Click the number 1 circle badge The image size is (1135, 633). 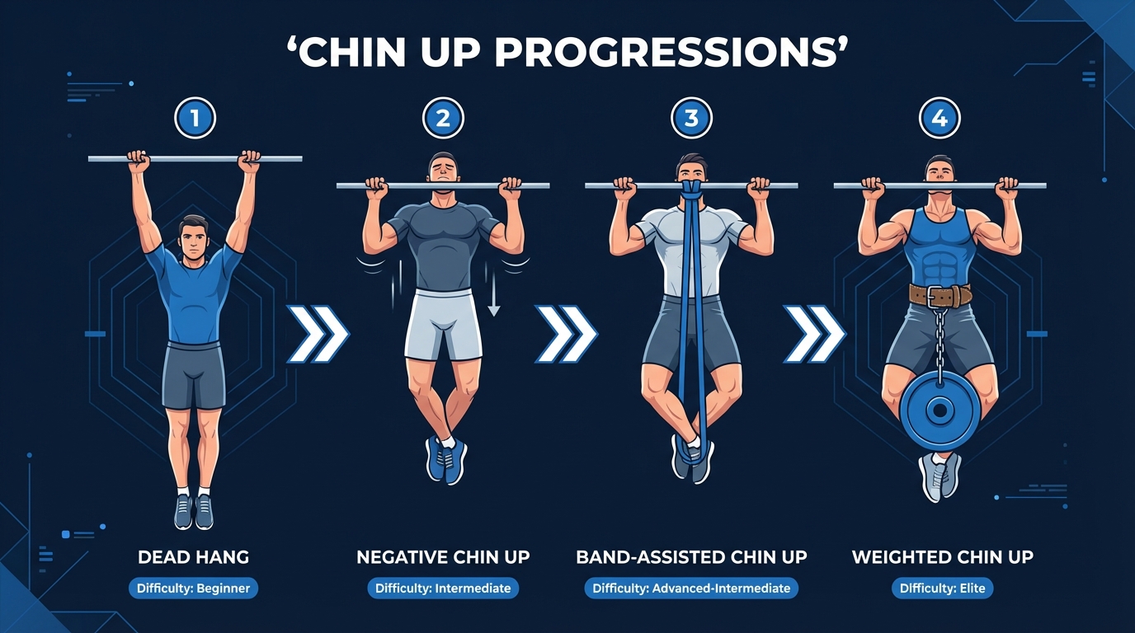[195, 119]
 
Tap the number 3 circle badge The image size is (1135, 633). [691, 119]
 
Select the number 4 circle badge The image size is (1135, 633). [940, 119]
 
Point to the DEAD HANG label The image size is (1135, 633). [194, 557]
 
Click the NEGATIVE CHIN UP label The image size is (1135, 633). [443, 557]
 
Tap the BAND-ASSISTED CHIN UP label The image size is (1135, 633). [691, 557]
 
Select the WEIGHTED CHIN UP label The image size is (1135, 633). [942, 557]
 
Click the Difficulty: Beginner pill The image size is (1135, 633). [194, 588]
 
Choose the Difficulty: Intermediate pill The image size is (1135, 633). [443, 588]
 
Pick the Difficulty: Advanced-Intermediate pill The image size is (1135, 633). [691, 588]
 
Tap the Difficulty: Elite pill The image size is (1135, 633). [942, 588]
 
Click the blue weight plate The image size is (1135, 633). [940, 410]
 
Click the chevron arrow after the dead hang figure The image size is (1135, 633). [318, 334]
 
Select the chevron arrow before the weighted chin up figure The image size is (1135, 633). [814, 334]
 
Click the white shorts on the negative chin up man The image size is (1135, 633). [443, 326]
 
